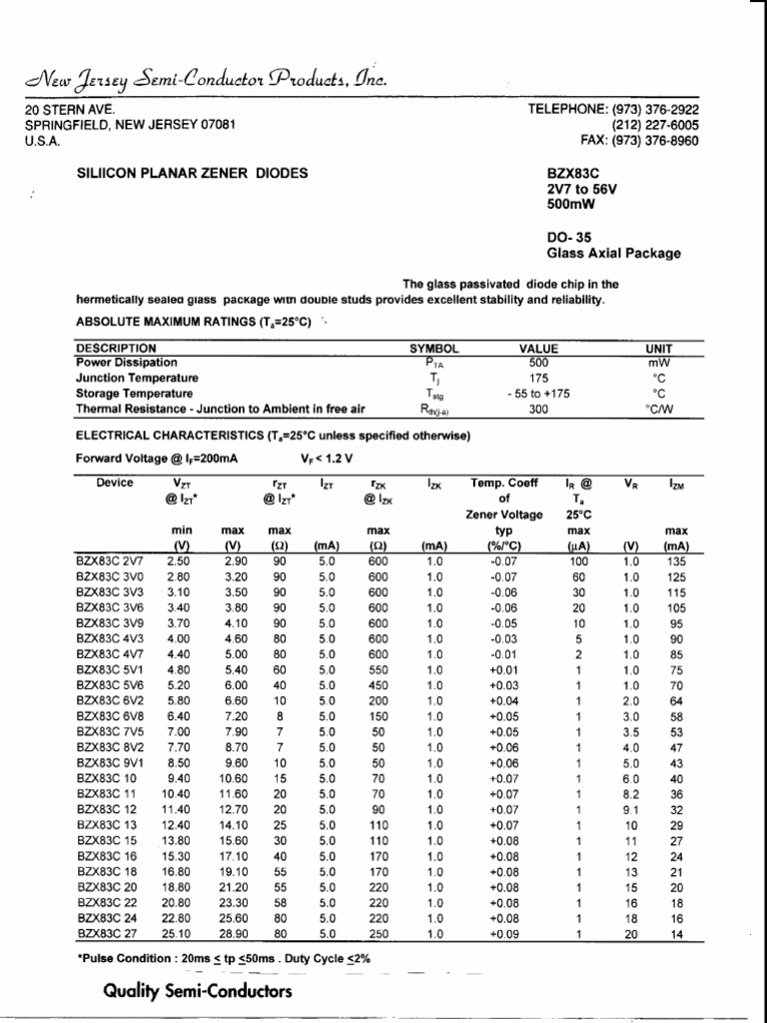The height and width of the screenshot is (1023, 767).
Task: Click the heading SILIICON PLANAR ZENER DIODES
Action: point(193,173)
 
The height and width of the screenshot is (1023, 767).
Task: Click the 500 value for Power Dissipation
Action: point(538,363)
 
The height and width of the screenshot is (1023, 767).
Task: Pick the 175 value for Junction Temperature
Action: point(538,379)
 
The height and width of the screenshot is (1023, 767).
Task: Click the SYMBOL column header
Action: point(434,348)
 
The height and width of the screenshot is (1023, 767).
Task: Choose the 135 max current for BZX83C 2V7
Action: point(676,561)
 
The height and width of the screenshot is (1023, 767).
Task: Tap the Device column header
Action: point(115,483)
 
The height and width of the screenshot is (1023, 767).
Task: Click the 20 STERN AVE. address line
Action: point(70,109)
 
